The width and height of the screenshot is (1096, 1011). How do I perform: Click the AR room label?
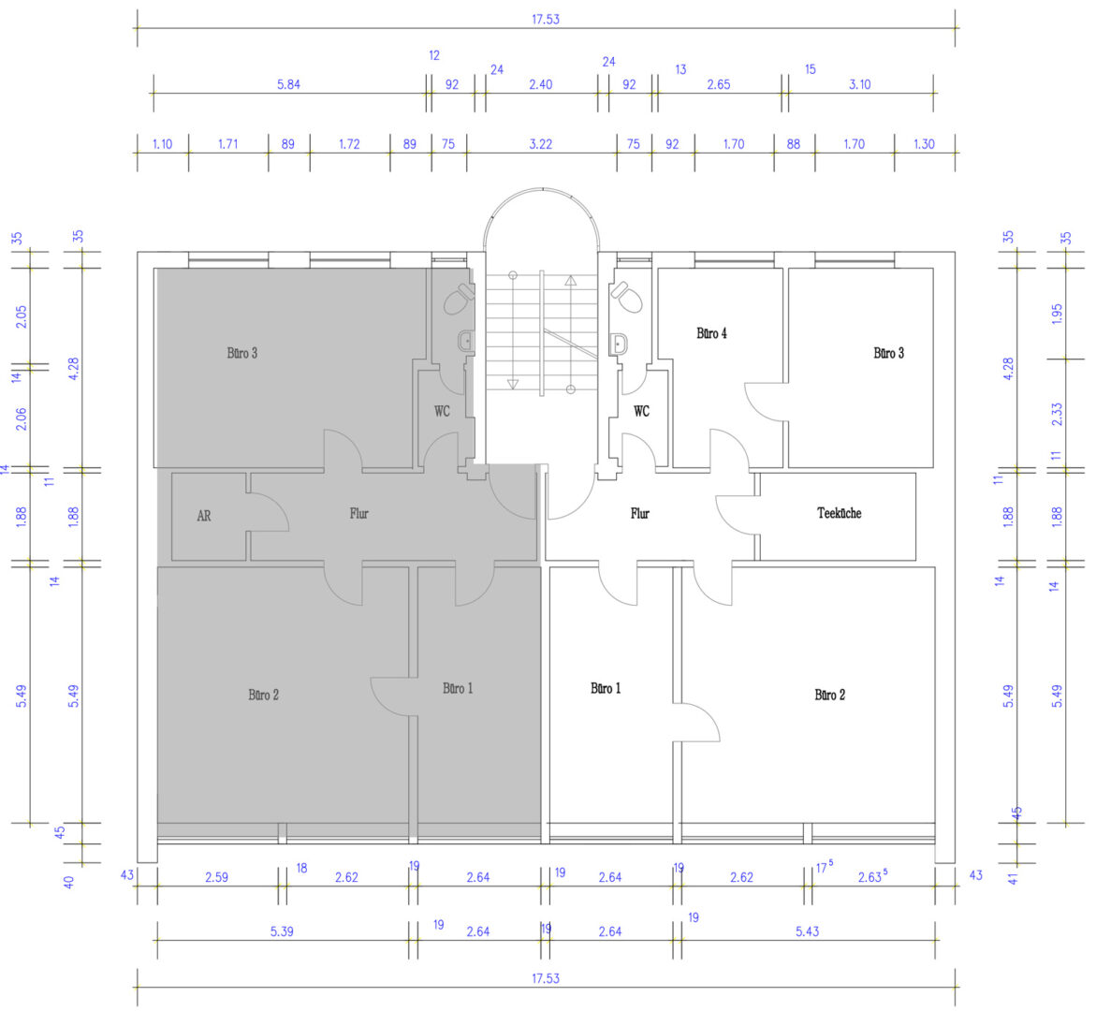tap(203, 516)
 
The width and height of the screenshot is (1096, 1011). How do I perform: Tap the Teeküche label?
tap(839, 513)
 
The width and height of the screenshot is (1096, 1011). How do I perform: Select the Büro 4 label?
tap(711, 333)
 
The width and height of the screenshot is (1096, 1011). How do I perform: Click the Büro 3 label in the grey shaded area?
tap(241, 353)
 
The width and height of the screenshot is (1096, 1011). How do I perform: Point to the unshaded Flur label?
tap(639, 514)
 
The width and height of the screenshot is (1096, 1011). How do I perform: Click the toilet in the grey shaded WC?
tap(459, 299)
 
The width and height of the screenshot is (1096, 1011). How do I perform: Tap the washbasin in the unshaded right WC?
tap(618, 344)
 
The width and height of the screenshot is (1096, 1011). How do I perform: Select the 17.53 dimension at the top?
tap(546, 20)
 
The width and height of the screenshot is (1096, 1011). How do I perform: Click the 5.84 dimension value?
tap(288, 84)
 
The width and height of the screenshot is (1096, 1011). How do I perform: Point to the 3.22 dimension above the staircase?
tap(540, 144)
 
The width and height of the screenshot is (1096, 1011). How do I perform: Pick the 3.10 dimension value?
tap(860, 84)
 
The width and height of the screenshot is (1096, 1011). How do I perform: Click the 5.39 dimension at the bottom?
tap(282, 931)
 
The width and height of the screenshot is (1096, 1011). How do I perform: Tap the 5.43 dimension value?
tap(807, 931)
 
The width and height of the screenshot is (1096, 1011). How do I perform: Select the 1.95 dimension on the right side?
tap(1057, 314)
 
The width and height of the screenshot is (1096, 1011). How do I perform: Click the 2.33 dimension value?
tap(1057, 414)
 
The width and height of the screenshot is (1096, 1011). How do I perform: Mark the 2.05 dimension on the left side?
tap(21, 317)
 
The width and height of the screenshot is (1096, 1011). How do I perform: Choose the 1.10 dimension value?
tap(162, 144)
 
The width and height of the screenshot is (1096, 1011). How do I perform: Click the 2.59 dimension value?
tap(216, 877)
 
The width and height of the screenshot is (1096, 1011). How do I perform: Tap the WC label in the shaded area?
tap(442, 412)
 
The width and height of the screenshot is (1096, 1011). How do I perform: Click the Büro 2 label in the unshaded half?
tap(829, 695)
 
